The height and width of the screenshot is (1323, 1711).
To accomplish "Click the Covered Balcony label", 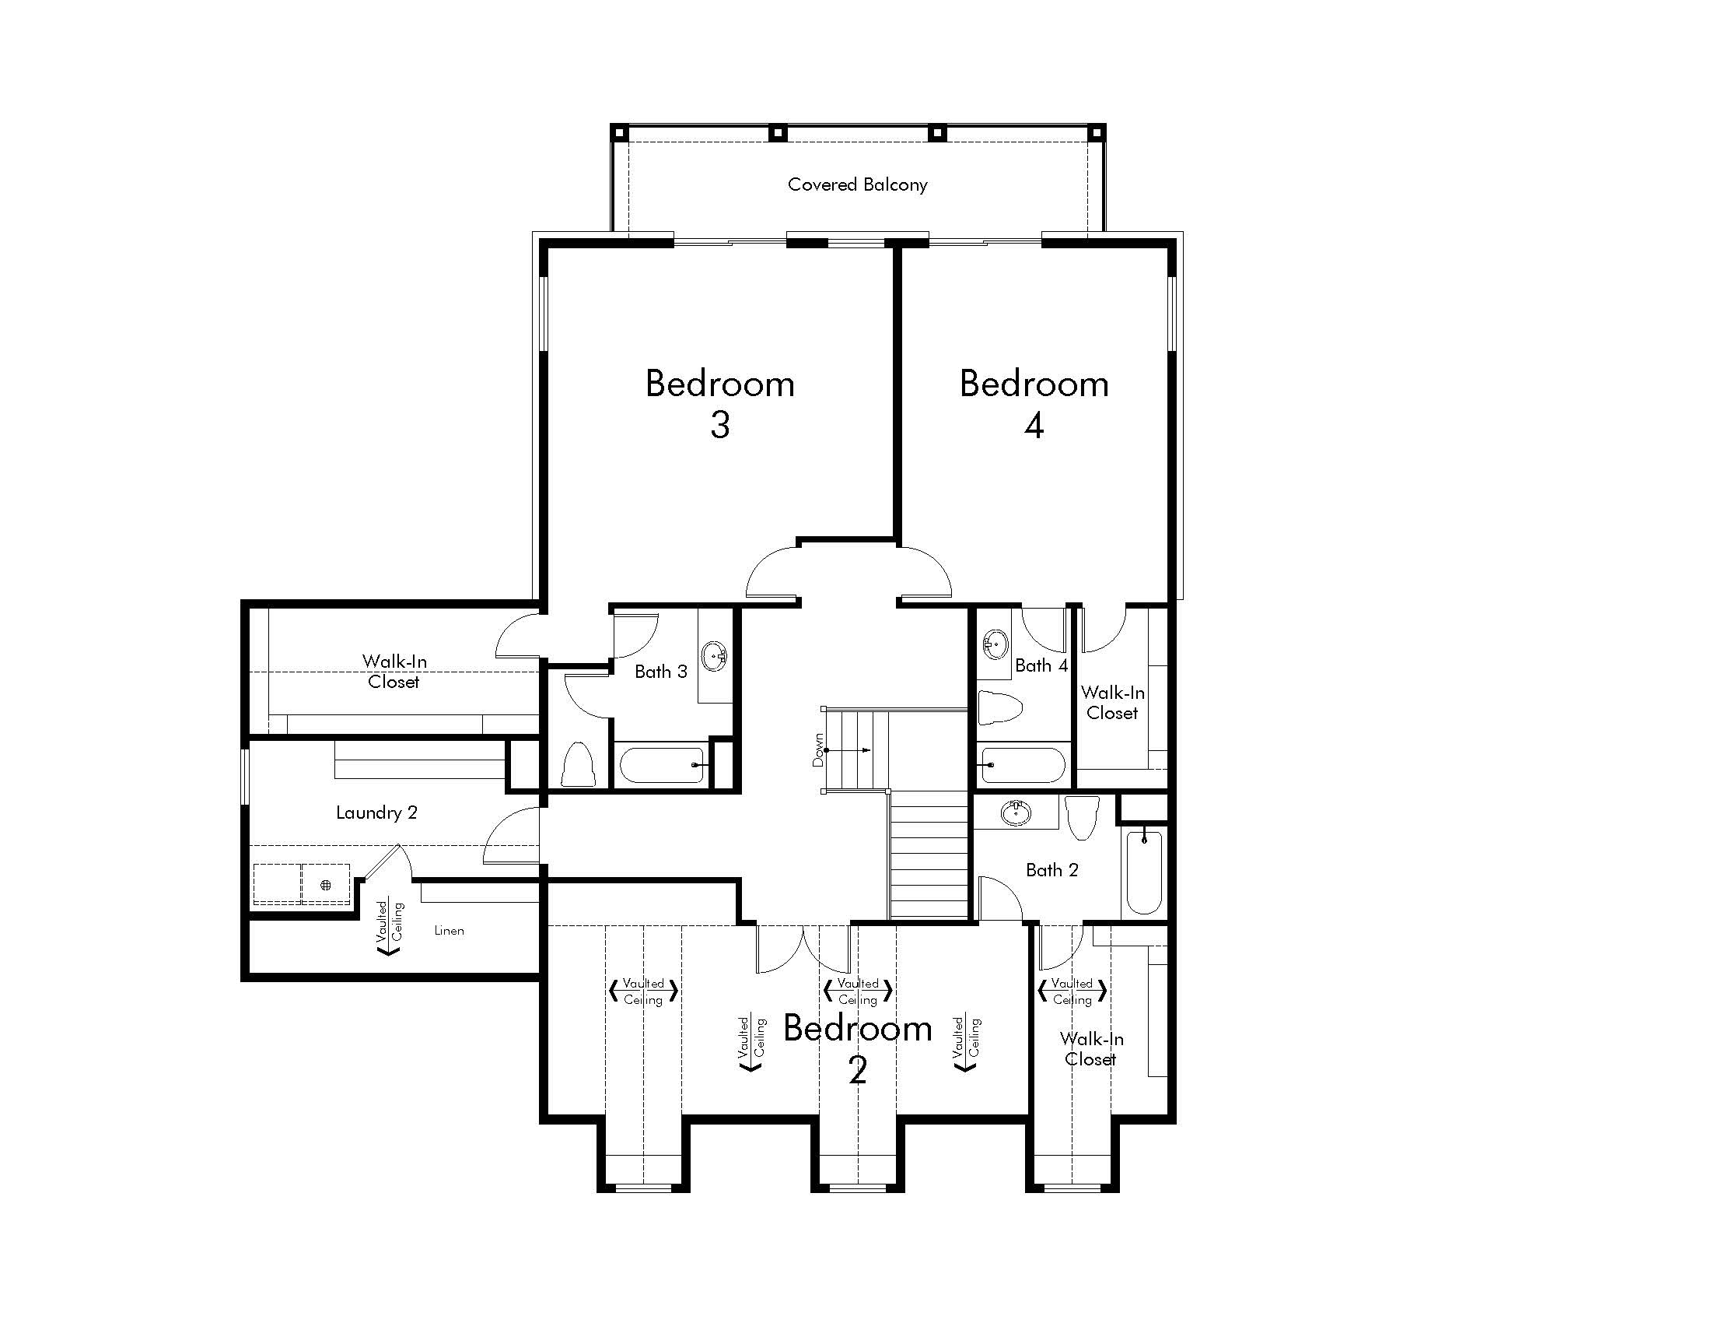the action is tap(857, 185).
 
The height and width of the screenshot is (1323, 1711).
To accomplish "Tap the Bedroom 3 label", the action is tap(720, 404).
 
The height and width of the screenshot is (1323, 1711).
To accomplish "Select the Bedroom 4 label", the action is tap(1034, 404).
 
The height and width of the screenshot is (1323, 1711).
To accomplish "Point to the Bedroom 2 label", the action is tap(858, 1049).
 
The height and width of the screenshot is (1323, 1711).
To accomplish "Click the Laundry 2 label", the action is tap(377, 812).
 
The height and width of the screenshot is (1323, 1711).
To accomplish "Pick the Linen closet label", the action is tap(449, 930).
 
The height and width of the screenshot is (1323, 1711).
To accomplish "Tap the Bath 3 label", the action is tap(660, 672).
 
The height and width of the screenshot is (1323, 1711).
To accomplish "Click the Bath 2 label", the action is tap(1052, 870).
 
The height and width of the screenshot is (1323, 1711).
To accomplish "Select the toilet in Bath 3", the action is tap(578, 764).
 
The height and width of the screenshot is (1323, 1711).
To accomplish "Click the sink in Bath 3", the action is tap(715, 656).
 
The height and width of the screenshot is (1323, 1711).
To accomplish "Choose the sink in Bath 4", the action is tap(995, 644).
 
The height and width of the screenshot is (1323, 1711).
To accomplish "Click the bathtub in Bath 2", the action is tap(1144, 871).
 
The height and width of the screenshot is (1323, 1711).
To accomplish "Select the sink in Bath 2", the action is tap(1016, 812).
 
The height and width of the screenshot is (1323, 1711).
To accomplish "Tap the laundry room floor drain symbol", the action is tap(326, 885).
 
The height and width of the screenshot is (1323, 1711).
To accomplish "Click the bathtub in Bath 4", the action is tap(1022, 765).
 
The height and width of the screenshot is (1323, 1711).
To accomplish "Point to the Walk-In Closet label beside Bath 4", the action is tap(1112, 703).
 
